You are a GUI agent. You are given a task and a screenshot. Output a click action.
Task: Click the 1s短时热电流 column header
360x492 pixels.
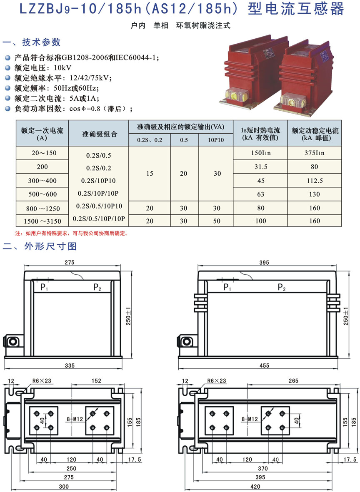click(260, 134)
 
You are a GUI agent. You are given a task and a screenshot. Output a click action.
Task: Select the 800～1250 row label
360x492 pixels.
click(43, 209)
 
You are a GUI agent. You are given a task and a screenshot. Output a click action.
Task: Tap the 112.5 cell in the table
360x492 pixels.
click(315, 181)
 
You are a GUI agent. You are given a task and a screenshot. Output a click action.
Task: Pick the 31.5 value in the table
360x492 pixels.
click(261, 167)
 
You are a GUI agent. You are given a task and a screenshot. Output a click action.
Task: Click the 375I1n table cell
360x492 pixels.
click(315, 153)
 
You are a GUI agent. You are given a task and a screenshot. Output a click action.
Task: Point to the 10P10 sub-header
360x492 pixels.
click(216, 140)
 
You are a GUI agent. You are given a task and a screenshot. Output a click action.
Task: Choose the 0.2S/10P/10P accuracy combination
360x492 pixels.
click(98, 193)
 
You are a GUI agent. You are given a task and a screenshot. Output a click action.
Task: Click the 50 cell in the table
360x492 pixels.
click(217, 221)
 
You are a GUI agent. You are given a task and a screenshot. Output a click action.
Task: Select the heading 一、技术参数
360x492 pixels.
click(31, 42)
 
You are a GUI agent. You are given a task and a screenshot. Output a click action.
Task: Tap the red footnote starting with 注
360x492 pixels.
click(72, 233)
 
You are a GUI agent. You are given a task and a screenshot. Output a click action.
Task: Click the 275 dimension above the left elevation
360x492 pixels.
click(70, 262)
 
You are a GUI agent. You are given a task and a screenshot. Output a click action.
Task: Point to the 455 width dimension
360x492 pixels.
click(264, 365)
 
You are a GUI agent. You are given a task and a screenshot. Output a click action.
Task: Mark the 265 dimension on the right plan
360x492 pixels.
click(293, 380)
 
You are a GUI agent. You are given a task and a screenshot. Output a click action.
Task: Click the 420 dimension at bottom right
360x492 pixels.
click(255, 486)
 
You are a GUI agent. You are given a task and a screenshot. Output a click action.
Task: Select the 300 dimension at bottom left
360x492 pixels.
click(64, 486)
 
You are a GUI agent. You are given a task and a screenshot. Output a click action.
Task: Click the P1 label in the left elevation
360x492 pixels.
click(44, 287)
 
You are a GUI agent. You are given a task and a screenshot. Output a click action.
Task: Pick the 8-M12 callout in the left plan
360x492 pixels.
click(75, 419)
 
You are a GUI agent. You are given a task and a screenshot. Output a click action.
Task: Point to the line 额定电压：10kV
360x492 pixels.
click(43, 68)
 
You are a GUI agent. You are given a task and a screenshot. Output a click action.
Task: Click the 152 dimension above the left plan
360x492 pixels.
click(96, 380)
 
